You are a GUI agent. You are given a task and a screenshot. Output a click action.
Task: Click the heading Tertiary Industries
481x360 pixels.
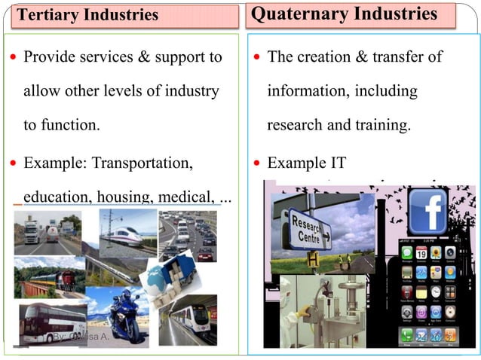tap(88, 15)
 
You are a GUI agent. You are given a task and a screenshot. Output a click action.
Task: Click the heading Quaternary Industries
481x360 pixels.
tap(344, 14)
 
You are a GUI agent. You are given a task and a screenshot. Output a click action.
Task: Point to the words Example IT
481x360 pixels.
tap(306, 162)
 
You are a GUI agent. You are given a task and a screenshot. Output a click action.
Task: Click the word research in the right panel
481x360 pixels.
tap(296, 125)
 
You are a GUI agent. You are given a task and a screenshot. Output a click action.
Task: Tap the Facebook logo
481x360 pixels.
tap(428, 210)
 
